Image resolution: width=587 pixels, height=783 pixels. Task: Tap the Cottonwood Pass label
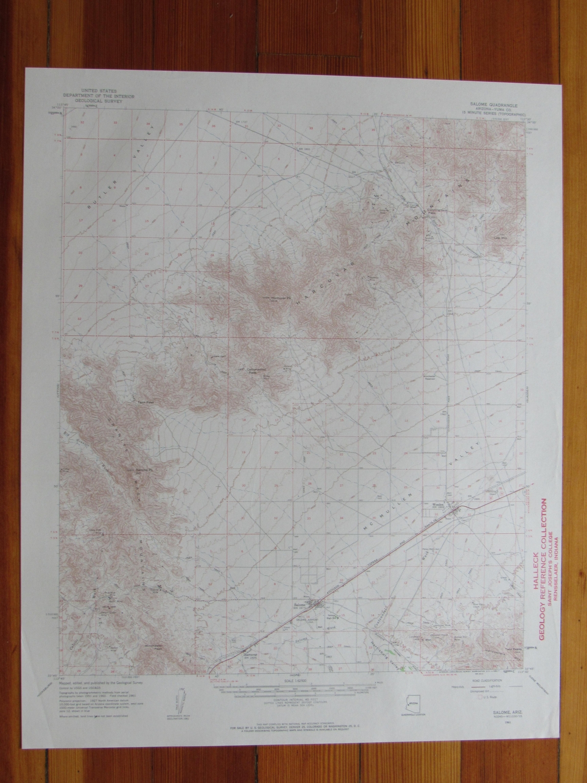(250, 372)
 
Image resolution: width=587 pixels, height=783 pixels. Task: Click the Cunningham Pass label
(429, 211)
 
